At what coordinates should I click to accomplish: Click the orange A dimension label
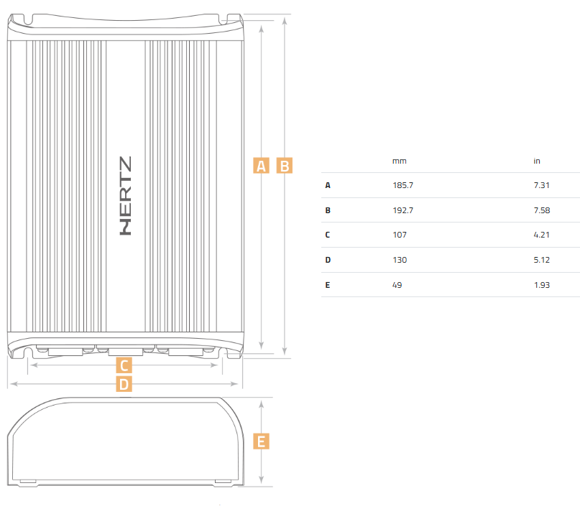coord(261,166)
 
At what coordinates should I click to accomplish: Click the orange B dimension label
coord(285,166)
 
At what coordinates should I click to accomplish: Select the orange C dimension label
coord(124,365)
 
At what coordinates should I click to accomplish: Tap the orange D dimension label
coord(124,384)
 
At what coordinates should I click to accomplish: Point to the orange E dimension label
coord(261,441)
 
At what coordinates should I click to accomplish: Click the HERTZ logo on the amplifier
coord(126,196)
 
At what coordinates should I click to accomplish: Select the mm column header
coord(400,161)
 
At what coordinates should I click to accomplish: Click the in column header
coord(537,161)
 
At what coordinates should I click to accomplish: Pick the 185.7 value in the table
coord(402,185)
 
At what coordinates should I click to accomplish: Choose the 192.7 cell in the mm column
coord(402,210)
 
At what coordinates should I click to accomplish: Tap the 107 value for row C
coord(400,235)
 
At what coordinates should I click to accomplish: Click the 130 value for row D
coord(400,260)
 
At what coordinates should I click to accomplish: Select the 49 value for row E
coord(397,285)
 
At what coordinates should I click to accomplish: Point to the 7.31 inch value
coord(541,185)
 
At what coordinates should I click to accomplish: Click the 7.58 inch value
coord(542,210)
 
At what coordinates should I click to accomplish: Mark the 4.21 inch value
coord(541,235)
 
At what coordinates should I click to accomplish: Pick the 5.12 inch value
coord(541,260)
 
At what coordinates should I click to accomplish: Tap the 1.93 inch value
coord(542,285)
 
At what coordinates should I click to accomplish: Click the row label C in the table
coord(327,235)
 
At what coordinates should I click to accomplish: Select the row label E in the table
coord(327,285)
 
